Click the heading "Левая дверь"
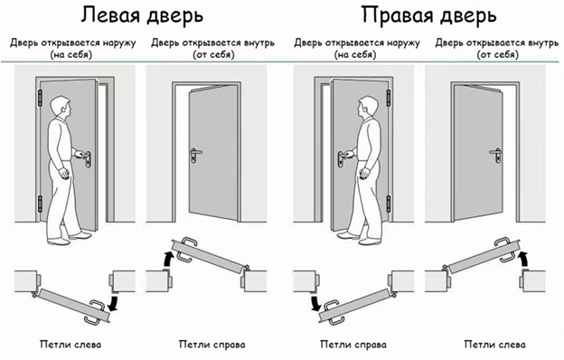click(142, 16)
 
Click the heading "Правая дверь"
click(428, 16)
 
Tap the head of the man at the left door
click(60, 107)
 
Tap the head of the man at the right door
click(367, 107)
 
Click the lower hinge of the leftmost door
click(40, 204)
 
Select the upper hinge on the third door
click(389, 98)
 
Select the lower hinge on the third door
click(389, 204)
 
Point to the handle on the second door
click(194, 155)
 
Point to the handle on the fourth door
click(496, 155)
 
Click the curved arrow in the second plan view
click(167, 260)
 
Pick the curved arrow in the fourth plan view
click(524, 260)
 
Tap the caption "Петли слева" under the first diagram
click(70, 345)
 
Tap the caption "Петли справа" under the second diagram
click(212, 345)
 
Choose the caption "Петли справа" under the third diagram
click(353, 345)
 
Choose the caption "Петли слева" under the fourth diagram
click(495, 345)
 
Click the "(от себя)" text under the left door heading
click(213, 55)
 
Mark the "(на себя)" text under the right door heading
click(355, 55)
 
